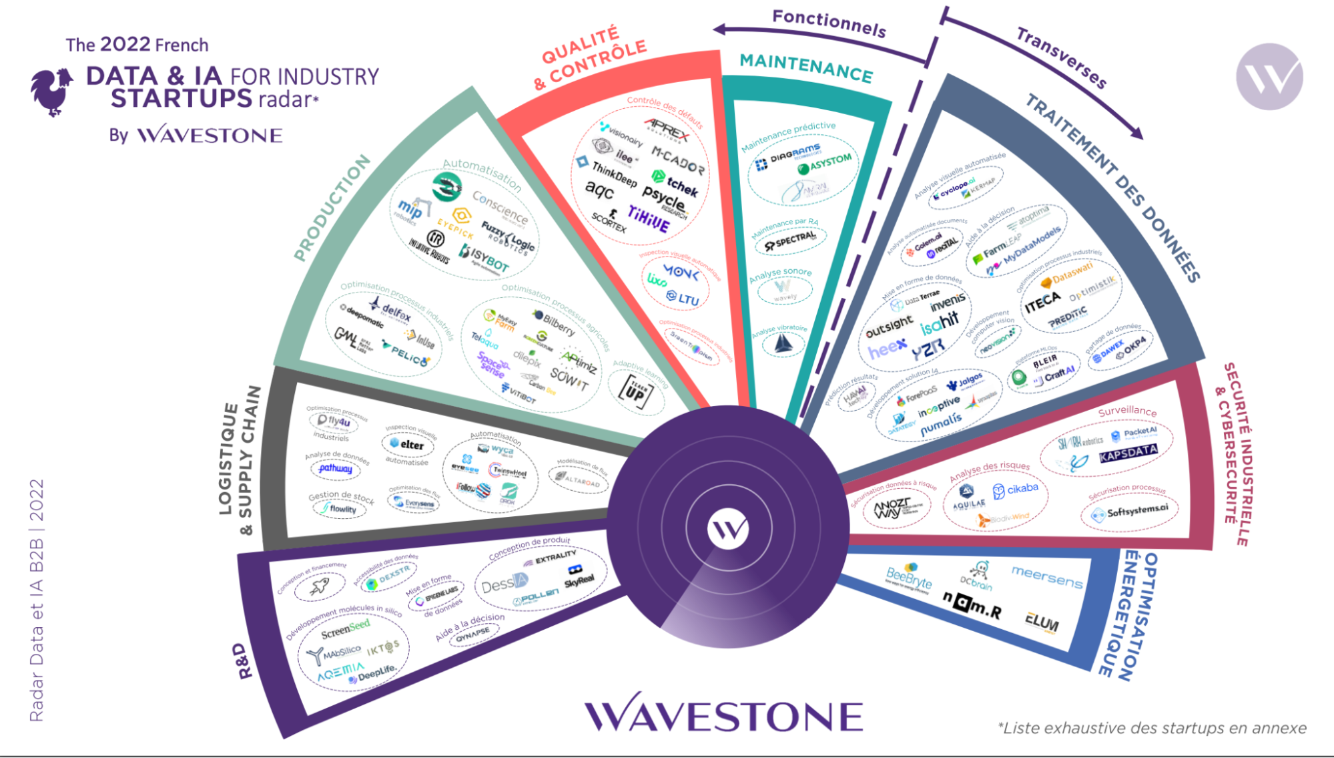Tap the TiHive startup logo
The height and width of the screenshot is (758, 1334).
tap(648, 218)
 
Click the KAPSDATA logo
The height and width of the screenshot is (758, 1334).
tap(1128, 454)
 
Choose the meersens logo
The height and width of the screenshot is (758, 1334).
tap(1047, 576)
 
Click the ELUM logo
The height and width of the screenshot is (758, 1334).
tap(1042, 623)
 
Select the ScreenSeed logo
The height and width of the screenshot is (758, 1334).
tap(345, 628)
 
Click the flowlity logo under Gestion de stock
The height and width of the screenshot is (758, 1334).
tap(340, 509)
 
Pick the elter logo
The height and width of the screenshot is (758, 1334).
tap(407, 445)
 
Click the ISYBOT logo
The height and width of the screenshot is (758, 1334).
tap(485, 258)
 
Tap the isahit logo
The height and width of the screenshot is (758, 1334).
tap(940, 324)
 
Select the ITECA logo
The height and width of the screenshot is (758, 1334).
tap(1042, 303)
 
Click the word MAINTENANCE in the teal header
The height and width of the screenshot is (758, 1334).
tap(806, 68)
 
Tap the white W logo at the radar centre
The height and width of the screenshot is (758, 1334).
tap(727, 529)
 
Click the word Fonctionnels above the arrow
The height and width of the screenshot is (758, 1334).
tap(829, 23)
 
